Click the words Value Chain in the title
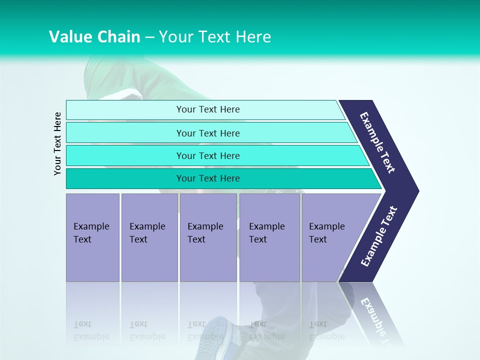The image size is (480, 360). coord(94,37)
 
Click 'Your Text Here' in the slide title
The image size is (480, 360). coord(215,37)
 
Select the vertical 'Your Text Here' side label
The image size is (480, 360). coord(58,144)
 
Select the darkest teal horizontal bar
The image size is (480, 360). coord(125,178)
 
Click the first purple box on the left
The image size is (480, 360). coord(92,237)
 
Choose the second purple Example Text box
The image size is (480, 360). coord(149,237)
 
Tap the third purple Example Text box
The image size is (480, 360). coord(208,237)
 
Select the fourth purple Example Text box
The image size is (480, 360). coord(269,237)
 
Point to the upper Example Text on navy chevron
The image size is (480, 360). coord(377,142)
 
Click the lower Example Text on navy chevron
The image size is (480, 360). coord(379,236)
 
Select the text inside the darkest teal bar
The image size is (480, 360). coord(208,178)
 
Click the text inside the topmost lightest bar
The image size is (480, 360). coord(208,109)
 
